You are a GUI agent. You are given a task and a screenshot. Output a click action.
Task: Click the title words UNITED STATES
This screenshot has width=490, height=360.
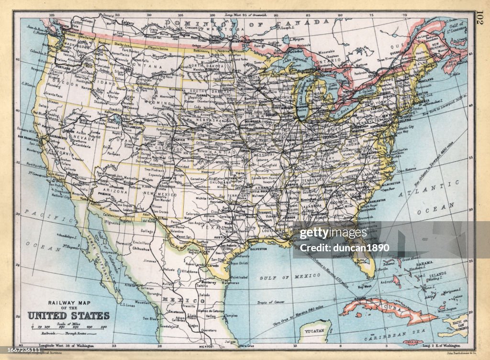[x=68, y=315]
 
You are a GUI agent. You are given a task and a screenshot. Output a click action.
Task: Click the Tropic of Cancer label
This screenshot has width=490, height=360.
[x=271, y=303]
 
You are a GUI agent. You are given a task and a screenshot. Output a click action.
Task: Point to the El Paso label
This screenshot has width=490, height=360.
[x=162, y=218]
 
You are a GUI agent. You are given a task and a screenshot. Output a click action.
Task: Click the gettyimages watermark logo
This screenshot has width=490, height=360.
[x=333, y=234]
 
